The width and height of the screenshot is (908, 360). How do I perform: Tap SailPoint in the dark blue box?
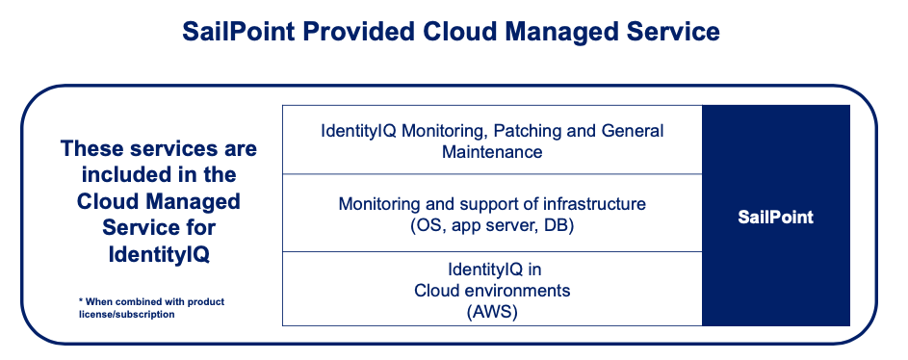[x=775, y=217]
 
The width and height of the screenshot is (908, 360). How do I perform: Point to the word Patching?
[x=515, y=131]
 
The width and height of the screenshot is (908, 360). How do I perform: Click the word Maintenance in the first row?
[x=492, y=152]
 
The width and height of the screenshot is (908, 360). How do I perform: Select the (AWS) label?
[x=492, y=313]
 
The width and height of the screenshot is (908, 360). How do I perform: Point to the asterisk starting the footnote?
[x=81, y=301]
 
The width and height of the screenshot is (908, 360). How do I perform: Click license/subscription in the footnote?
[x=126, y=315]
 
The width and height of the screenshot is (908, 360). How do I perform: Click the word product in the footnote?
[x=208, y=302]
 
